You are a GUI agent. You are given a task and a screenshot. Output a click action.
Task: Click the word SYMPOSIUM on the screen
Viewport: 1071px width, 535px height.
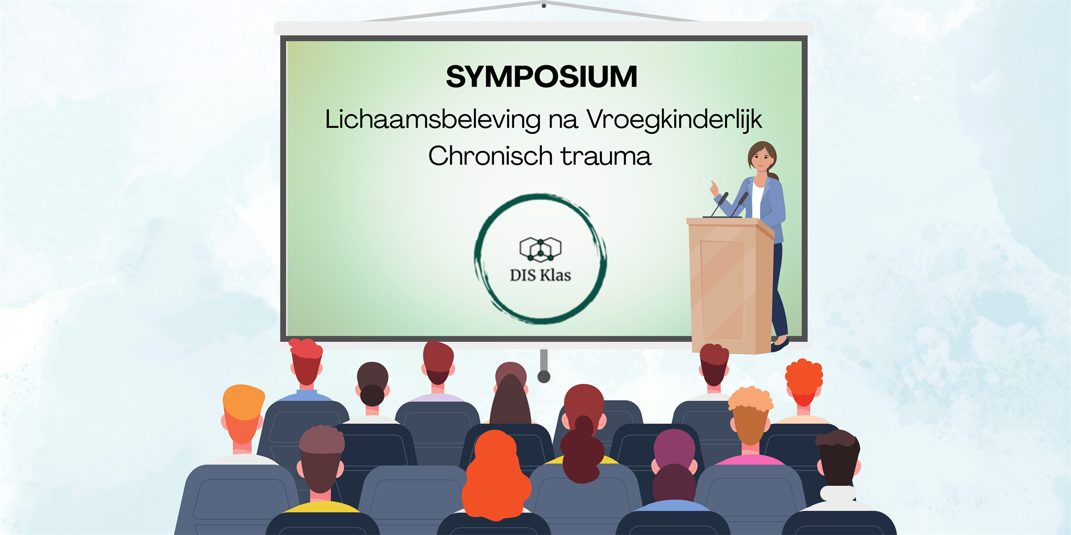tap(541, 77)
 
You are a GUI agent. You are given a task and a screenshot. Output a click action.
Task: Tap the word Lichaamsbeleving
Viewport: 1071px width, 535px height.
tap(433, 120)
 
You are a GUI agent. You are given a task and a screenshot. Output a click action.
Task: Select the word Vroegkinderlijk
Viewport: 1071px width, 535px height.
tap(674, 120)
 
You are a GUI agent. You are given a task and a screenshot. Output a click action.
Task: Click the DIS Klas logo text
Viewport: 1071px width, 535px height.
tap(540, 275)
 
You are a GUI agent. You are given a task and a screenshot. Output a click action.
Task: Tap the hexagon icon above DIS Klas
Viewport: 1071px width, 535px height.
tap(540, 249)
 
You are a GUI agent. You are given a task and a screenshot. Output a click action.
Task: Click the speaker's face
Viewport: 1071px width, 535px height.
tap(761, 158)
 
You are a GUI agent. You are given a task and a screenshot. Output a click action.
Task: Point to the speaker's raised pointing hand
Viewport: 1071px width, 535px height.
tap(714, 188)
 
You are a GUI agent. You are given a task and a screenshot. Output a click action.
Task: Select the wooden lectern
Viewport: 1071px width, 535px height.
tap(730, 285)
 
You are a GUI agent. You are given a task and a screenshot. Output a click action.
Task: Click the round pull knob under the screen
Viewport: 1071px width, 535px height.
tap(544, 376)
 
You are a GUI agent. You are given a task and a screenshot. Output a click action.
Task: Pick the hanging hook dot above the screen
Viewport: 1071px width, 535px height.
tap(544, 6)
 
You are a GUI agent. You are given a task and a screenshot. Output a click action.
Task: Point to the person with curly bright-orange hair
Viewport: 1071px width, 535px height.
tap(803, 388)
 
